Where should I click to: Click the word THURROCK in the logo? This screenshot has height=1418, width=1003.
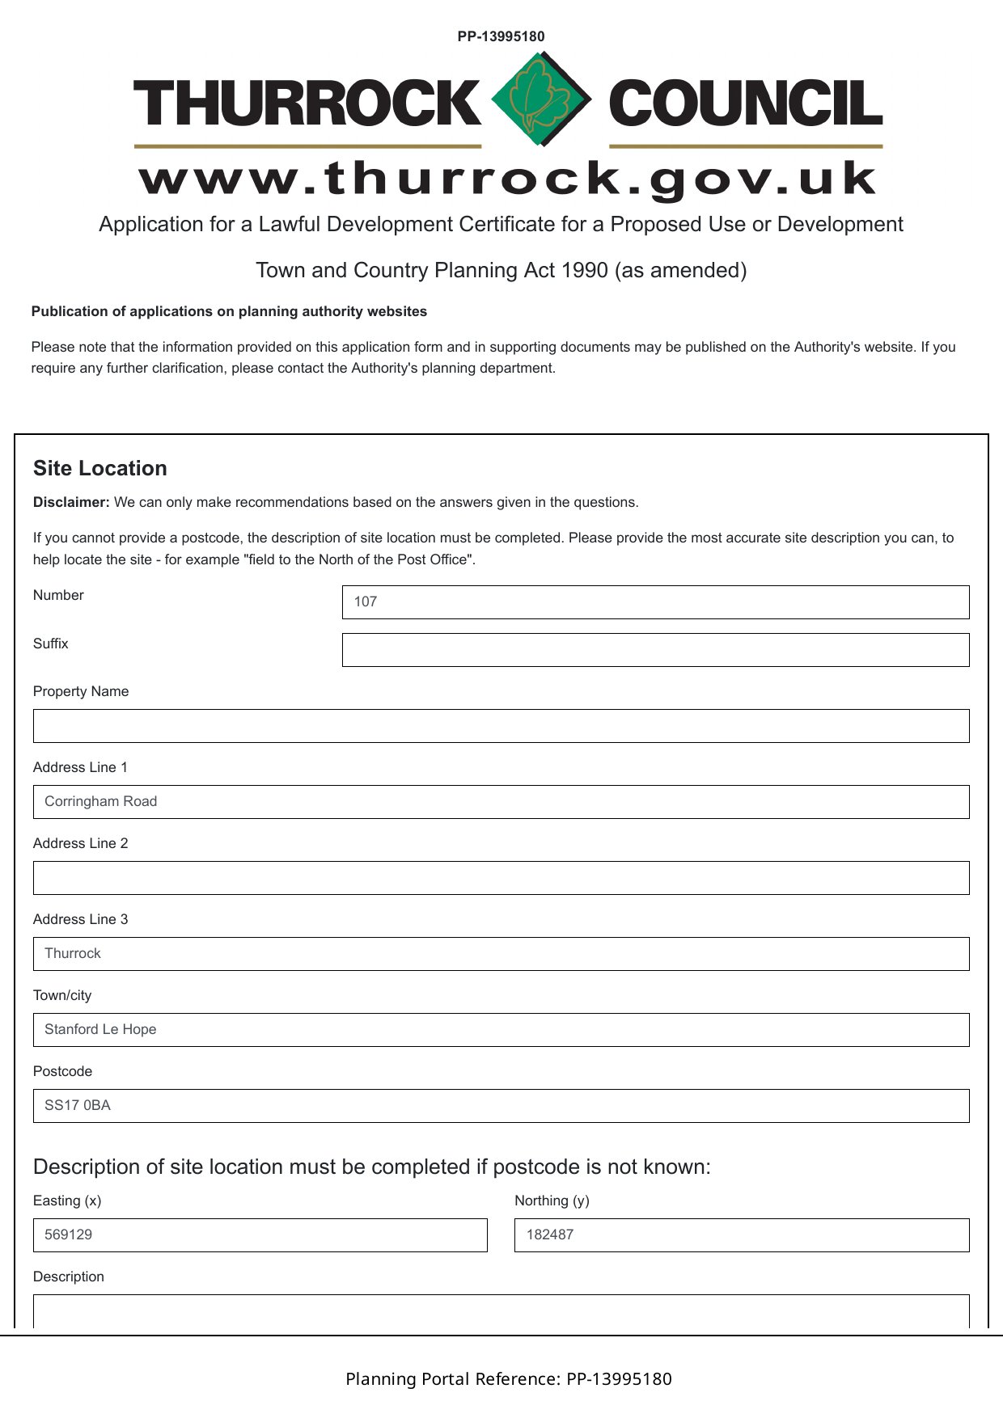(x=307, y=103)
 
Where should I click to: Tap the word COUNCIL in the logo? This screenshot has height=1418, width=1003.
(x=745, y=103)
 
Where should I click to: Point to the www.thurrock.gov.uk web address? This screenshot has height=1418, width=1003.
(x=508, y=179)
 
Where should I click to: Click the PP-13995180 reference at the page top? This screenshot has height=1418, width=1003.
(x=501, y=36)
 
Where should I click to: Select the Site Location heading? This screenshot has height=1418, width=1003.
(x=100, y=468)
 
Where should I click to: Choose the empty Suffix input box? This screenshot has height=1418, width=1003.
(x=655, y=650)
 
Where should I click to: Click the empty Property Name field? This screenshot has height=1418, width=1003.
(x=501, y=726)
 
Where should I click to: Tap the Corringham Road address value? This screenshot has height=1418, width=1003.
(x=101, y=802)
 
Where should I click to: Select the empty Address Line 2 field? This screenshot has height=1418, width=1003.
(x=501, y=878)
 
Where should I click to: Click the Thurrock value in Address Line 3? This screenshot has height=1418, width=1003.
(x=73, y=954)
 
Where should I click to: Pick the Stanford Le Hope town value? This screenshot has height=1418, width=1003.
(x=100, y=1030)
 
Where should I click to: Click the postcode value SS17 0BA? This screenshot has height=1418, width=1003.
(x=78, y=1106)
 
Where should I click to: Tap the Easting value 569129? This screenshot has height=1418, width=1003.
(x=69, y=1235)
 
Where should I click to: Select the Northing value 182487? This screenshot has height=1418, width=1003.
(x=550, y=1235)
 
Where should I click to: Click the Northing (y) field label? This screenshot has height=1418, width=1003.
(x=552, y=1201)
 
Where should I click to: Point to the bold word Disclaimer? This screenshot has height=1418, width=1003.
(x=71, y=502)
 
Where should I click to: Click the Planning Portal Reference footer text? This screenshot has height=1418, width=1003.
(x=508, y=1379)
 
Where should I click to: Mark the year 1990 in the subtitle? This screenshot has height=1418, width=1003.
(x=583, y=270)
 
